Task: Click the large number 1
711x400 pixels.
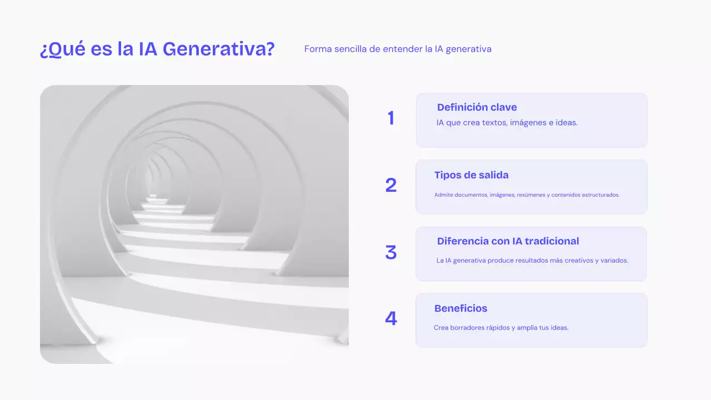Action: [x=391, y=118]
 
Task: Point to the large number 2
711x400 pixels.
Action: [x=391, y=186]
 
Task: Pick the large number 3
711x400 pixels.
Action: [x=391, y=253]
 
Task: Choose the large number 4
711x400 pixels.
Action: [x=391, y=319]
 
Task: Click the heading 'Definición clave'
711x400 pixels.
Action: [x=477, y=107]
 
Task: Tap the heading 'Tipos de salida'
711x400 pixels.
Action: [x=471, y=175]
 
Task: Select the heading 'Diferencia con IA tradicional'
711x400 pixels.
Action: [x=508, y=241]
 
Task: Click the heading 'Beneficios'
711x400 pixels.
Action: [x=460, y=308]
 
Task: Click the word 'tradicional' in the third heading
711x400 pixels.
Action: [x=552, y=241]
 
